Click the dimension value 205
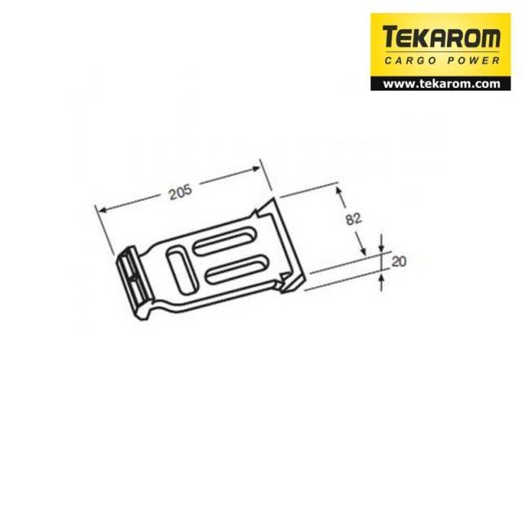click(x=181, y=192)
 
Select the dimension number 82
click(x=353, y=219)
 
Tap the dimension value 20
click(x=399, y=261)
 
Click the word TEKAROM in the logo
click(x=441, y=37)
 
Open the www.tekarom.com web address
click(x=441, y=83)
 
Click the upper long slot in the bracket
click(x=223, y=241)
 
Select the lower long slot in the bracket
click(x=237, y=269)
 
